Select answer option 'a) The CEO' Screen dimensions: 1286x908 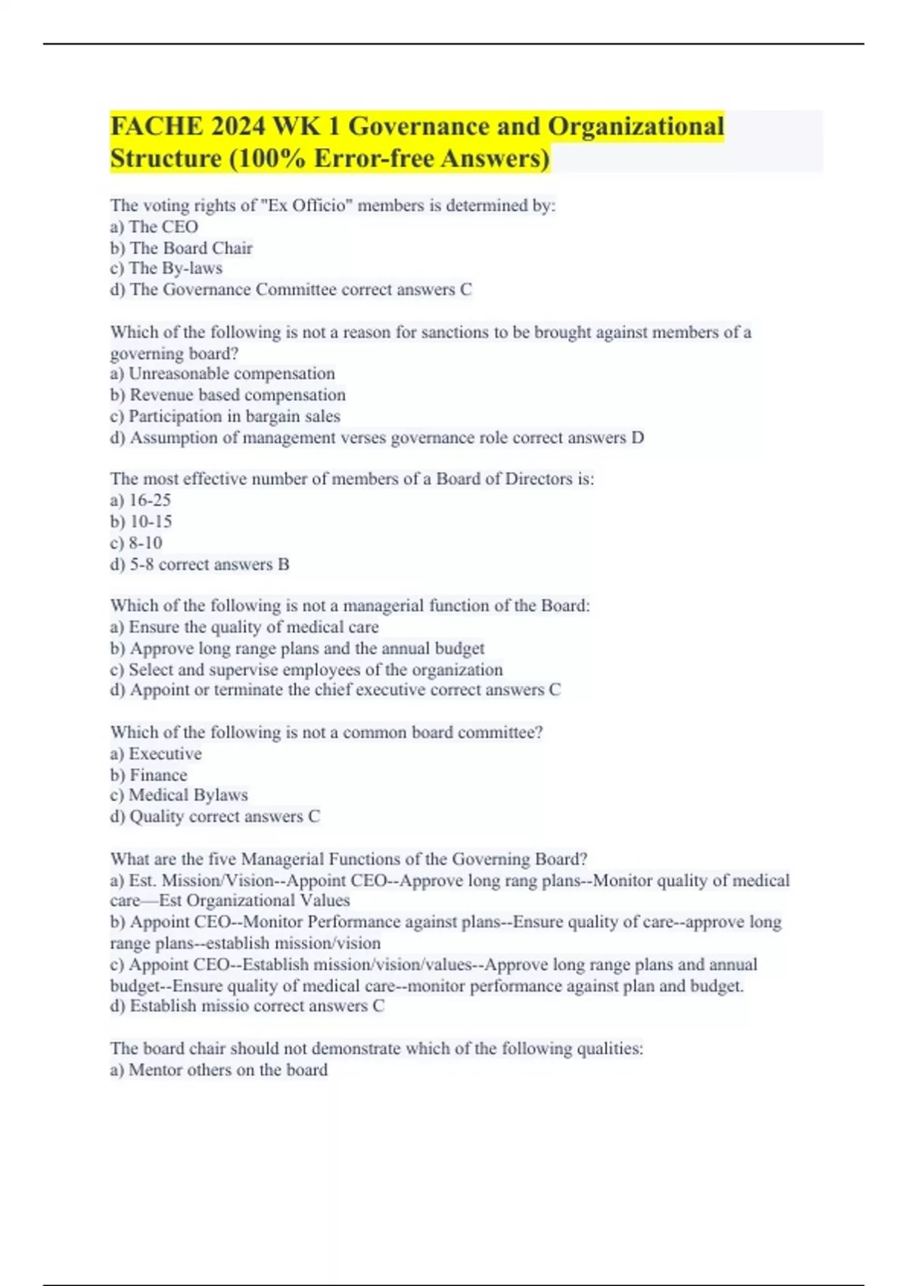[154, 227]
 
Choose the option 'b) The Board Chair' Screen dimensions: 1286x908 [182, 248]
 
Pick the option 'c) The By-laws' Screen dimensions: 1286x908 [166, 269]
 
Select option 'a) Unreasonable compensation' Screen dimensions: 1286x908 [222, 374]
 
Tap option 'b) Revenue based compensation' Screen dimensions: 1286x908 [228, 395]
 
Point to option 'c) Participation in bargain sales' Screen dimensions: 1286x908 [225, 416]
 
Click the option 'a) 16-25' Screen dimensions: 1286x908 [141, 500]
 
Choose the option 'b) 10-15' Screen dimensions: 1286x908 [141, 521]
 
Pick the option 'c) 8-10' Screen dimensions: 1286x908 [136, 542]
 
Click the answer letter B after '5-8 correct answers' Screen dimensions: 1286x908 [284, 564]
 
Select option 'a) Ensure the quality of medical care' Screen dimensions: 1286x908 [244, 627]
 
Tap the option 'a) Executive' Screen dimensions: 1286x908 [156, 753]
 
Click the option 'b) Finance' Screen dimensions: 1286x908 [149, 775]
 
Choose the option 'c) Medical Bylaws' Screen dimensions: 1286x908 [179, 795]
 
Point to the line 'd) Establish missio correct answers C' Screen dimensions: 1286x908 [247, 1006]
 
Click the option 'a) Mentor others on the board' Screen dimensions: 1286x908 [219, 1070]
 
